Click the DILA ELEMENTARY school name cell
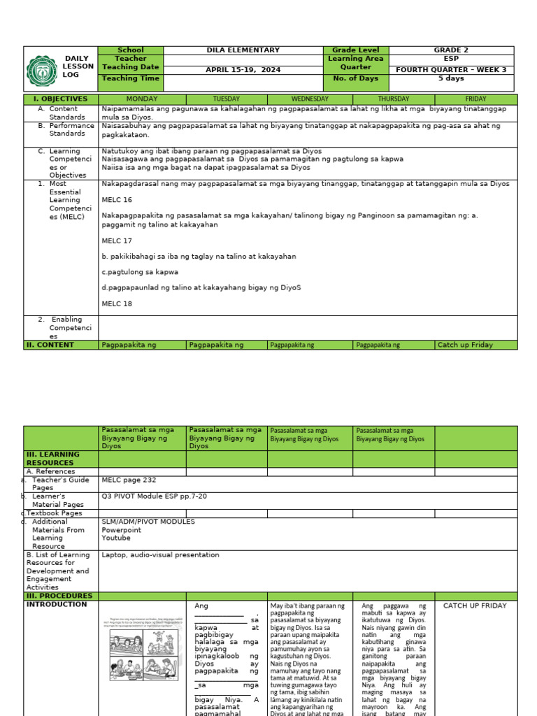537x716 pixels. click(x=243, y=50)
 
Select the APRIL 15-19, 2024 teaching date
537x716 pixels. click(x=243, y=70)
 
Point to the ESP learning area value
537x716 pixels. click(x=452, y=59)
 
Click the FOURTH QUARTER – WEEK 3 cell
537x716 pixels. click(x=452, y=70)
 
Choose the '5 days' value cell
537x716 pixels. click(x=452, y=78)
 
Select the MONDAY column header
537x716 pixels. click(x=142, y=99)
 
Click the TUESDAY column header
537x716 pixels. click(x=226, y=99)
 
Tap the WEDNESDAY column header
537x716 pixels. click(x=310, y=99)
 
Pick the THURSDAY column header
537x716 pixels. click(x=394, y=99)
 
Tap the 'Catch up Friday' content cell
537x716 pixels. click(x=465, y=345)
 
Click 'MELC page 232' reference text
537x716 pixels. click(x=129, y=480)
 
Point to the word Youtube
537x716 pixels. click(x=116, y=538)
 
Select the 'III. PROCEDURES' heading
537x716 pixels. click(x=59, y=596)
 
